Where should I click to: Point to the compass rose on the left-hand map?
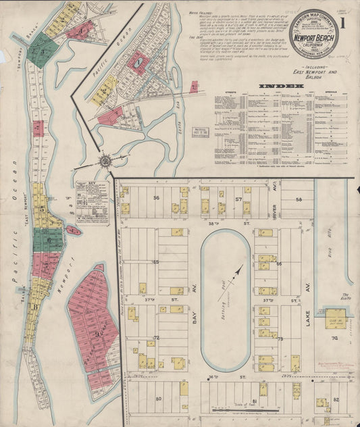coord(105,162)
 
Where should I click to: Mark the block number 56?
coord(156,198)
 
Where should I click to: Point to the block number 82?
coord(336,400)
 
